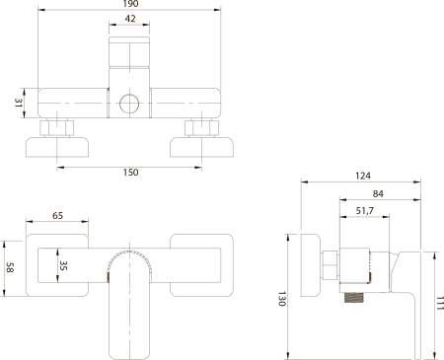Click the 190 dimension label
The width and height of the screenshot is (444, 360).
(x=130, y=4)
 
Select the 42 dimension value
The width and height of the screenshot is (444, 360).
(x=130, y=19)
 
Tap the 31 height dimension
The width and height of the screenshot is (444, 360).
(x=18, y=103)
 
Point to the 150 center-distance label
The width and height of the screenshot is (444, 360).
(x=130, y=173)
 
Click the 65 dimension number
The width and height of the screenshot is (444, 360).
(x=57, y=216)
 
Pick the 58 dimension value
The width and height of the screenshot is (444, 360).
(x=10, y=267)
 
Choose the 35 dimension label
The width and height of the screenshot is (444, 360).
(x=63, y=265)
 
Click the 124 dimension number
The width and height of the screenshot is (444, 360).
(x=363, y=176)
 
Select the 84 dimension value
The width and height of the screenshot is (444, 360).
(x=378, y=194)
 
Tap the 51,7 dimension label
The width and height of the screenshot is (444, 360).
(x=365, y=211)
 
